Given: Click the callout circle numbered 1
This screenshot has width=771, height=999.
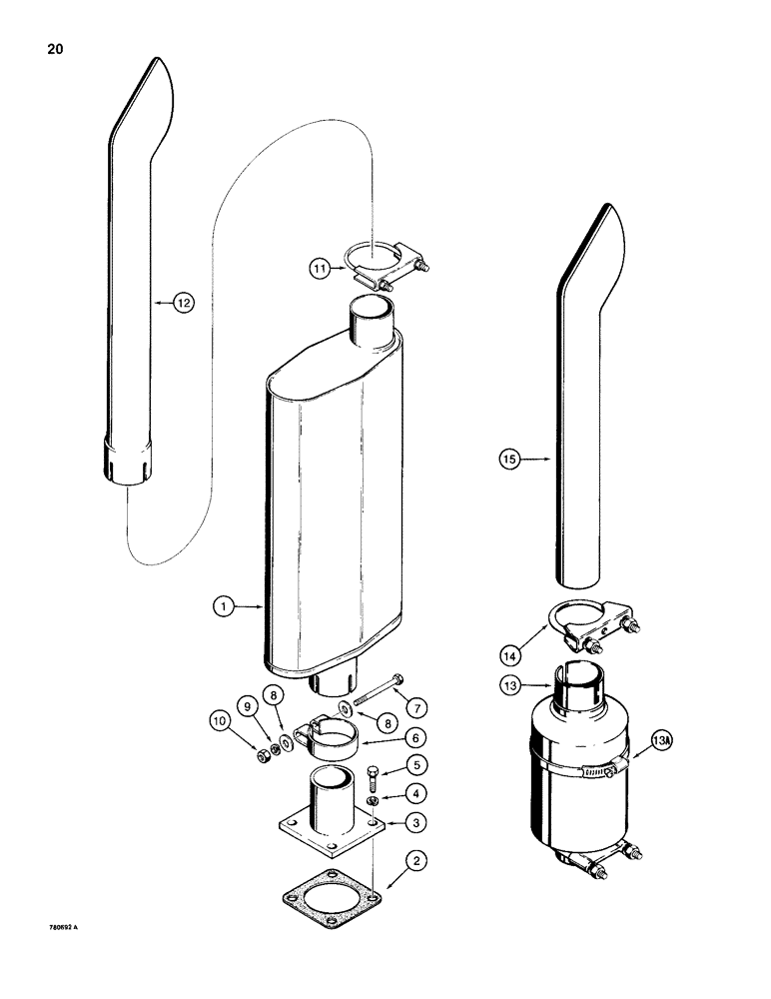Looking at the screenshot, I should [x=226, y=605].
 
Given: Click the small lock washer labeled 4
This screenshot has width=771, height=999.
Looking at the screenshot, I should [x=372, y=801].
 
